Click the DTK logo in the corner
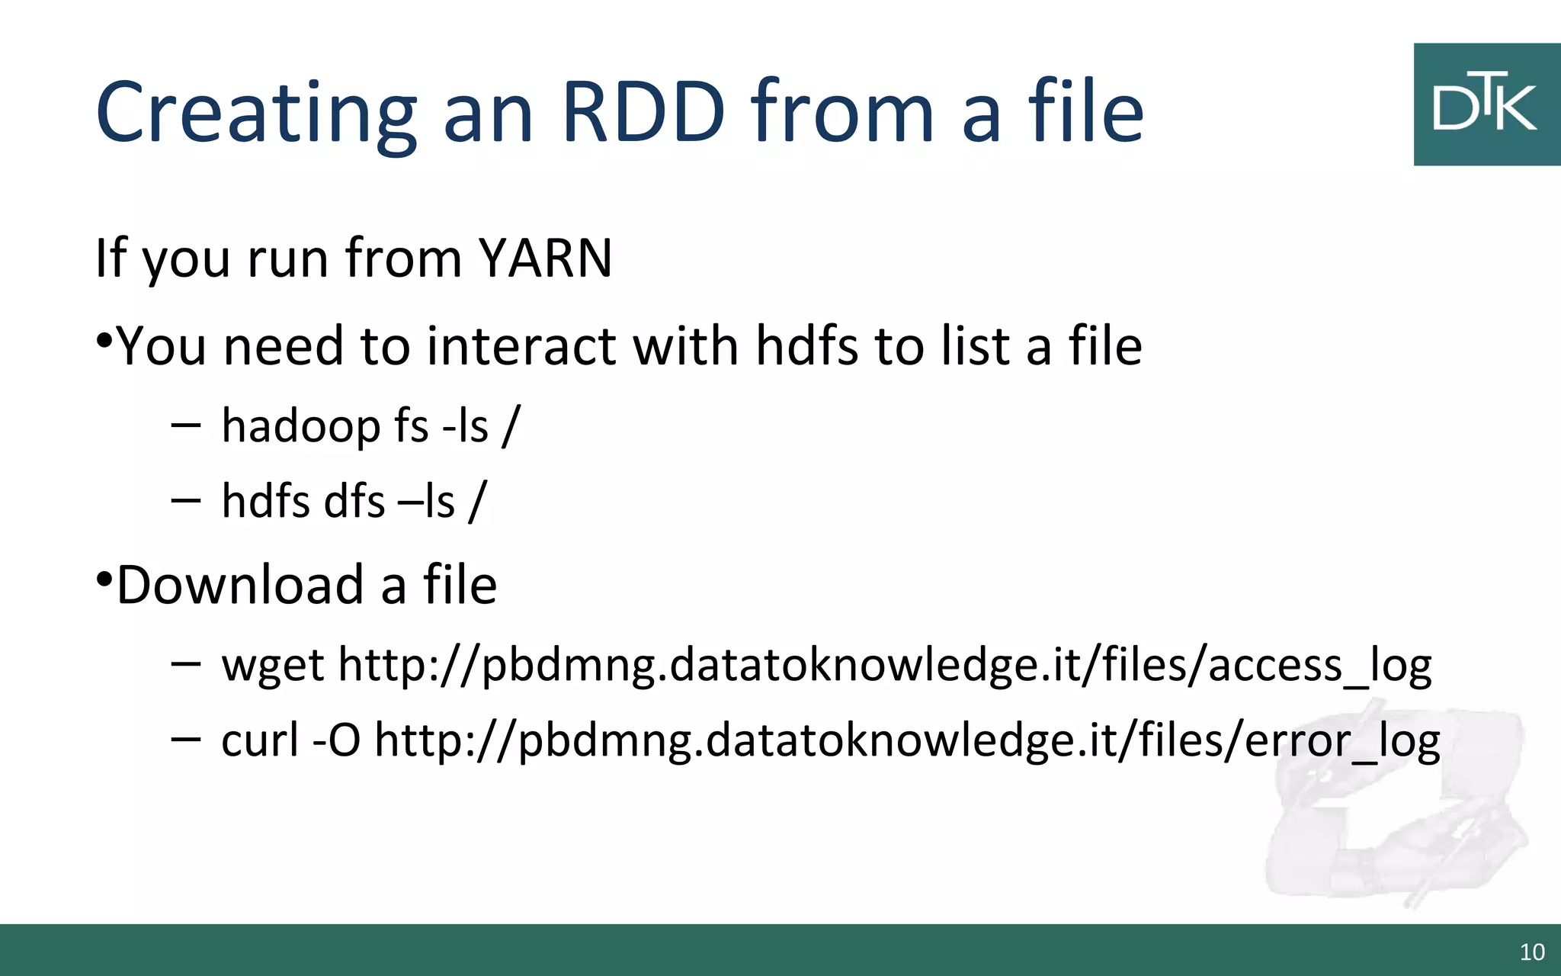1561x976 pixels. [x=1486, y=104]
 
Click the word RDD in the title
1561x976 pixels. [x=643, y=112]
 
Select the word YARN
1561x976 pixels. [x=545, y=258]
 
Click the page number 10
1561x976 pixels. [x=1532, y=952]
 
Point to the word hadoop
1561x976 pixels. [x=300, y=426]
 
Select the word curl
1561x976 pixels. [x=260, y=740]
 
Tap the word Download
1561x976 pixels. [x=239, y=586]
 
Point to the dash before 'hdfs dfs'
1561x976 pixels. [x=185, y=501]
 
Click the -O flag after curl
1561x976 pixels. [x=336, y=740]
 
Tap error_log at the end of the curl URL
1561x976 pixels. [x=1341, y=740]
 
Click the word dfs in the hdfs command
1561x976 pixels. [x=354, y=502]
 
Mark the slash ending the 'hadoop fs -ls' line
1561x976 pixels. [x=511, y=425]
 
